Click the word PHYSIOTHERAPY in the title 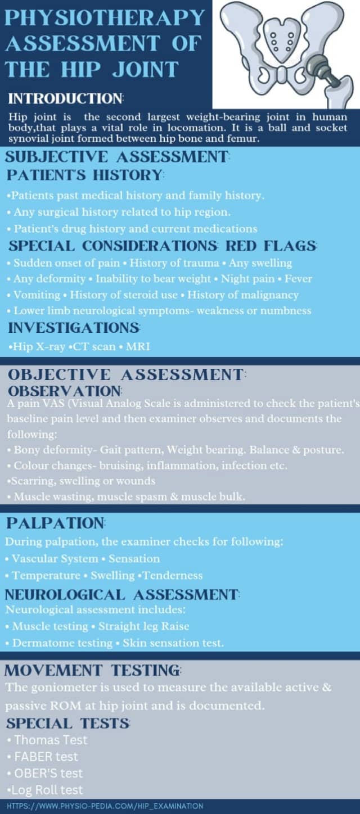(105, 18)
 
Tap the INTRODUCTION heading (65, 99)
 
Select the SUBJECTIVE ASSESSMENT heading (118, 156)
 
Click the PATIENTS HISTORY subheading (84, 175)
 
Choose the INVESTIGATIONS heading (74, 327)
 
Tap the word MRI (138, 347)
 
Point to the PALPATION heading (55, 523)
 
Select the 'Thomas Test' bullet (51, 740)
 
